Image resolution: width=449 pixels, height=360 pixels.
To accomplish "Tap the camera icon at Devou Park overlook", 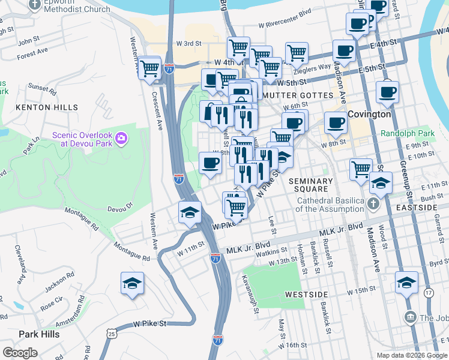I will pyautogui.click(x=121, y=139).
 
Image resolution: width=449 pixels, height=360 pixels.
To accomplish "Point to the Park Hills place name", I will pyautogui.click(x=39, y=334).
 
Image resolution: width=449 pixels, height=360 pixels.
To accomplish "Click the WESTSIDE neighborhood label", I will pyautogui.click(x=306, y=295).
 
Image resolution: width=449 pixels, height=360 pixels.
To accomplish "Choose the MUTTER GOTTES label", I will pyautogui.click(x=297, y=96).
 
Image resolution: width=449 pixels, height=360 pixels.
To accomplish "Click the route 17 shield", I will pyautogui.click(x=428, y=293).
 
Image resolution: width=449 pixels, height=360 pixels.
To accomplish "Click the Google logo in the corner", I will pyautogui.click(x=20, y=352).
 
